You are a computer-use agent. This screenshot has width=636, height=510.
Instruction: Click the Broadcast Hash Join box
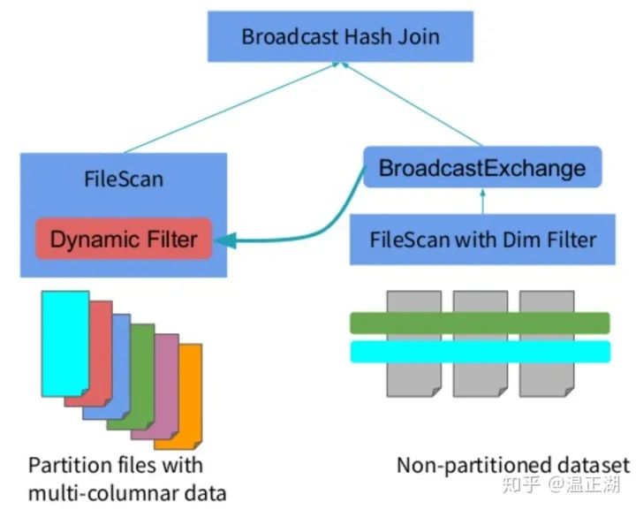[340, 36]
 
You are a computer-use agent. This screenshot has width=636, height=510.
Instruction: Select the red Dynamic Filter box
[124, 239]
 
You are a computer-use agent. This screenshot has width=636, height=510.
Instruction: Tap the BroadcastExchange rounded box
[482, 167]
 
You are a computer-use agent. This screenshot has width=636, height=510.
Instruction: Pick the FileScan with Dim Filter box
[482, 240]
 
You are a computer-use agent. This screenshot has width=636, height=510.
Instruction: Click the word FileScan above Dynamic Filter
[124, 179]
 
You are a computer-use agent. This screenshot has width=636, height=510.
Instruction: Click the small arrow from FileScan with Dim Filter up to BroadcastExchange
[482, 202]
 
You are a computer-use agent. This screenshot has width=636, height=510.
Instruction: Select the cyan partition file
[65, 344]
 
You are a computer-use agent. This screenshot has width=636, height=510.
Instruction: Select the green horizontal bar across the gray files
[480, 323]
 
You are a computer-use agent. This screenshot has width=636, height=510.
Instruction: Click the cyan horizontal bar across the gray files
[481, 352]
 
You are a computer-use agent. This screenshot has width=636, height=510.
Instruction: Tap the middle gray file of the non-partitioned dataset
[481, 344]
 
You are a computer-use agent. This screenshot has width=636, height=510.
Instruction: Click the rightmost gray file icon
[547, 344]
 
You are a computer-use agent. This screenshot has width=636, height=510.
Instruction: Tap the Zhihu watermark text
[561, 484]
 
